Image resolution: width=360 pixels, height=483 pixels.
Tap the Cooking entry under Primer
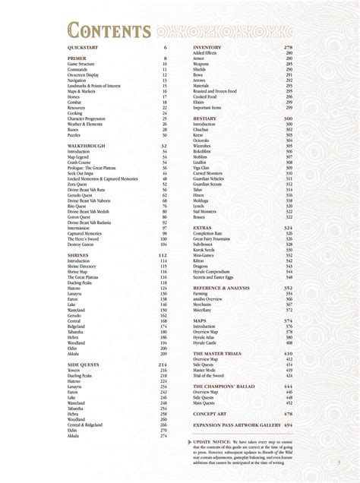coord(75,113)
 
